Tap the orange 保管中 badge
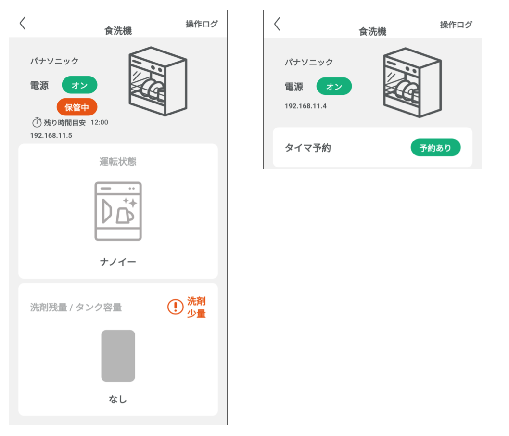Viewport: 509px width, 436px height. click(x=77, y=107)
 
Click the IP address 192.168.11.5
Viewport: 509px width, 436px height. click(x=51, y=135)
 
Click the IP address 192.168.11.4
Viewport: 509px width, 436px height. click(x=305, y=106)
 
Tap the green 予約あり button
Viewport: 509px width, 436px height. click(x=435, y=147)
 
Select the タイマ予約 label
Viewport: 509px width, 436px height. click(x=308, y=148)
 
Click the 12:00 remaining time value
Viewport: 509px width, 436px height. click(x=99, y=122)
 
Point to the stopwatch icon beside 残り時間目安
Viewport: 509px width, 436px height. click(x=37, y=122)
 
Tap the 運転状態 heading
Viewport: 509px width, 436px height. click(x=118, y=161)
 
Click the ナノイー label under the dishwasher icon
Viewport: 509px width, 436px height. click(x=118, y=262)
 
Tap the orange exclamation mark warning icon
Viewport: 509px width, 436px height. click(x=175, y=307)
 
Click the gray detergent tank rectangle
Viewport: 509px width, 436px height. click(x=118, y=356)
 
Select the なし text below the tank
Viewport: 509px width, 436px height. click(x=118, y=399)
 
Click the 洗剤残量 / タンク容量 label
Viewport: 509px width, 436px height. click(x=76, y=307)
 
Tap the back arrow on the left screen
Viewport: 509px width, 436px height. click(x=23, y=23)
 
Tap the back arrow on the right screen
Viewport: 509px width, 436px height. click(x=277, y=24)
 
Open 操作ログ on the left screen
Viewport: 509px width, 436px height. click(x=202, y=24)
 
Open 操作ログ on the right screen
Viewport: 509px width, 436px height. click(x=456, y=25)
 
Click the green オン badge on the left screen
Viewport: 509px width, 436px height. click(x=79, y=85)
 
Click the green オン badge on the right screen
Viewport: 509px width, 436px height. click(x=334, y=86)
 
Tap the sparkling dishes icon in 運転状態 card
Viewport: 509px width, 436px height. click(x=118, y=211)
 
